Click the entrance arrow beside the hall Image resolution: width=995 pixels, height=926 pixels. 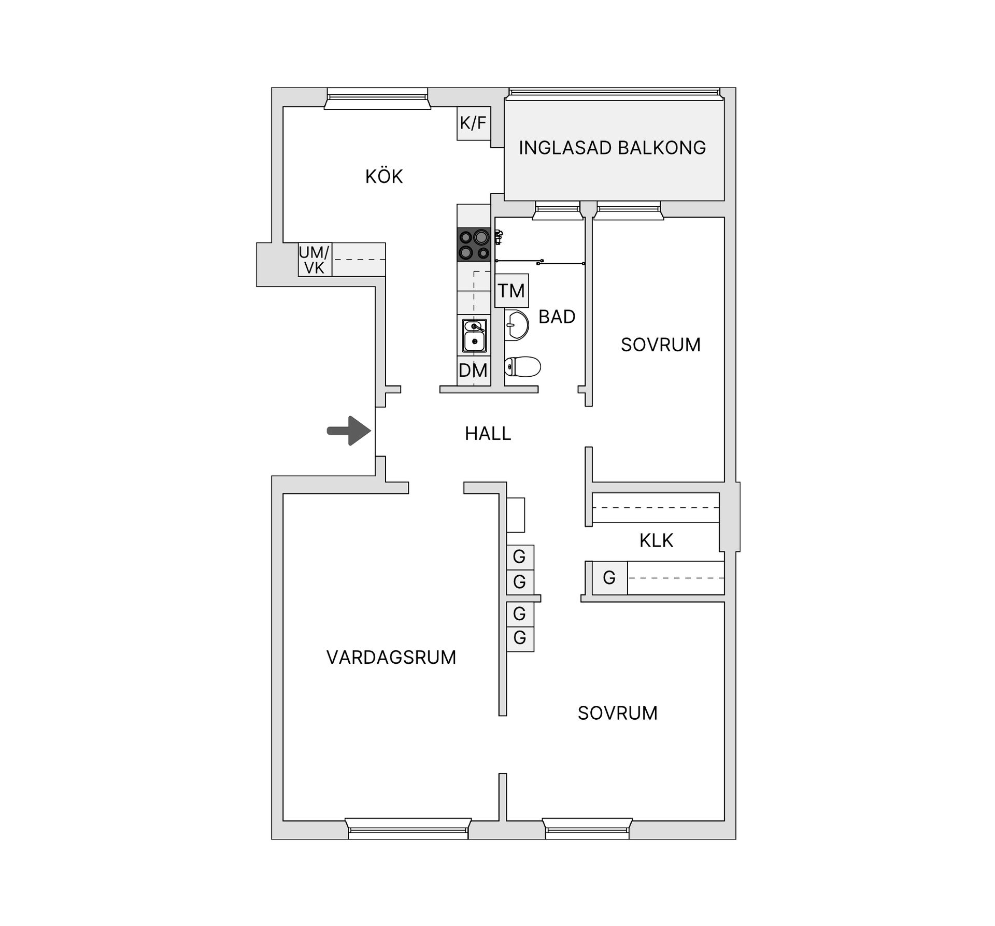pos(349,431)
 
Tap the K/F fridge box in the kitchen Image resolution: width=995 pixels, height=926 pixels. pos(474,123)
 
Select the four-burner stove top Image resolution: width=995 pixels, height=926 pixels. pos(474,245)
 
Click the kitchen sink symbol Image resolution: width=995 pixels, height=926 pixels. pos(474,336)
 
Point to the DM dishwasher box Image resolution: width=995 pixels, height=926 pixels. pos(474,371)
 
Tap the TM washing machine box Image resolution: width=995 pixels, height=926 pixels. pos(512,291)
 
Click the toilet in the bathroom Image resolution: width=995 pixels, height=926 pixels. pos(522,367)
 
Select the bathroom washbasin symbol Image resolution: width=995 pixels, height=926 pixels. pos(516,325)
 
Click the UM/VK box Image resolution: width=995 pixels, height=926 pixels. pos(315,260)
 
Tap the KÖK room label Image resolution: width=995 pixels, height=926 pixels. pos(384,177)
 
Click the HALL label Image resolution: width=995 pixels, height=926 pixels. pos(488,434)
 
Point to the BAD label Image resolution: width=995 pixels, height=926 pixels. pos(557,317)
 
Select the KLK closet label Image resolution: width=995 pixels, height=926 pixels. pos(656,540)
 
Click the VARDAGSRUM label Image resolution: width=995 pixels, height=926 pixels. pos(391,658)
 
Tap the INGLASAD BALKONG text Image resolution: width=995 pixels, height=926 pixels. pos(613,148)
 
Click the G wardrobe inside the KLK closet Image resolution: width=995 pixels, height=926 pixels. pos(610,577)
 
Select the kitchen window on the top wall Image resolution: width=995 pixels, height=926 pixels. pos(377,98)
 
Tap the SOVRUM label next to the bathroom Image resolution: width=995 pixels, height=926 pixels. pos(661,345)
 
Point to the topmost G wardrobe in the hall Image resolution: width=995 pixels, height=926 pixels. pos(520,557)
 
